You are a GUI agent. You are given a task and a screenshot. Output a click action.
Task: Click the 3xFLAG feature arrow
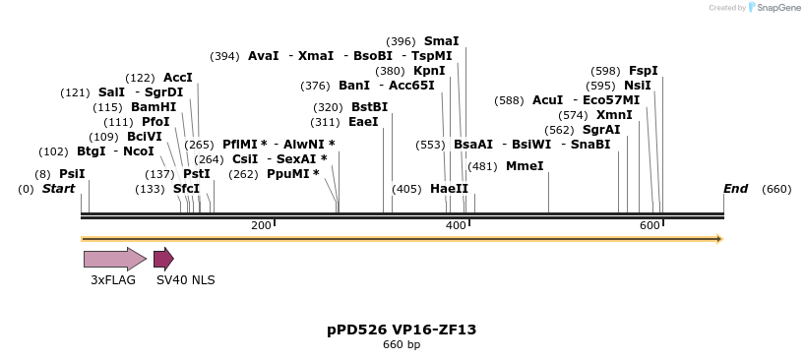coord(114,259)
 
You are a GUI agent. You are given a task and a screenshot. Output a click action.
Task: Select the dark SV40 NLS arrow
coord(163,259)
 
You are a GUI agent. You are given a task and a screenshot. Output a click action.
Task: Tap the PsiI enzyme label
coord(72,174)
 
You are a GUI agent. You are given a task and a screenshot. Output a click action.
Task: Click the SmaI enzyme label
coord(441,41)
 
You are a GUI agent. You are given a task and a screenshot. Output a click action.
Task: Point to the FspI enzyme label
coord(643,71)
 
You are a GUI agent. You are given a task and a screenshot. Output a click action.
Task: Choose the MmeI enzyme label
coord(524,166)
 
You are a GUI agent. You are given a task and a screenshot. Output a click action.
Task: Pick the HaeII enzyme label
coord(449,189)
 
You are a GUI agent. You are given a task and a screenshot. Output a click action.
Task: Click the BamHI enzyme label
coord(154,107)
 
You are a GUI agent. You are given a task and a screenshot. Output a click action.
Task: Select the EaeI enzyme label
coord(363,122)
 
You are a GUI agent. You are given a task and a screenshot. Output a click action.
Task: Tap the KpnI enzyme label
coord(429,71)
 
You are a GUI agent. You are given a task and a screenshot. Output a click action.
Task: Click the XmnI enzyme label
coord(614,115)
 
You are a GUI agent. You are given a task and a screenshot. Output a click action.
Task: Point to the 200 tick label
coord(261,226)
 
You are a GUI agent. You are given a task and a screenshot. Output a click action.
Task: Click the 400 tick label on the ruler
coord(456,226)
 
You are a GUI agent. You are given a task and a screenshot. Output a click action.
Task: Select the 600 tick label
coord(650,226)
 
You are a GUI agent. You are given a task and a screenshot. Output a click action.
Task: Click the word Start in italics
coord(58,189)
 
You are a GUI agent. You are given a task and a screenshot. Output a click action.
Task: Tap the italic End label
coord(735,189)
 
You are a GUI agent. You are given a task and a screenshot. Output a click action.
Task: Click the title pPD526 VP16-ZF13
coord(402,330)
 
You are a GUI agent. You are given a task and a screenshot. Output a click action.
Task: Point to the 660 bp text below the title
coord(402,345)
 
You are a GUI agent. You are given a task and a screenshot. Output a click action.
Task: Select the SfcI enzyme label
coord(186,189)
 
